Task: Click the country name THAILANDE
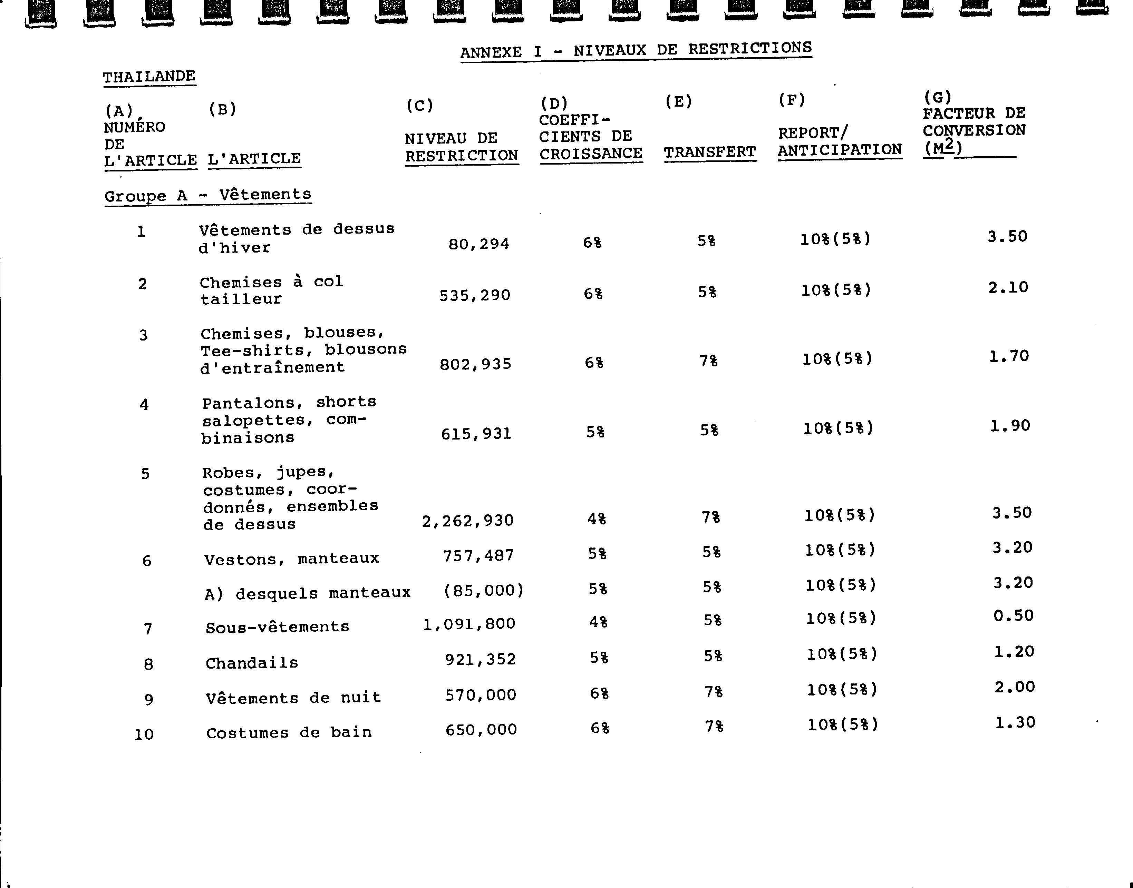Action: click(149, 77)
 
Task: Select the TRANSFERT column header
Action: click(709, 152)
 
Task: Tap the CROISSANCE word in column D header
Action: click(591, 154)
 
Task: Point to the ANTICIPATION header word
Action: click(840, 150)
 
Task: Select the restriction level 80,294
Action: click(478, 244)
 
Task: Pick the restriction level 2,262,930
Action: click(468, 521)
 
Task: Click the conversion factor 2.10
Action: click(1008, 287)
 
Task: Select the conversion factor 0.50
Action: click(1013, 615)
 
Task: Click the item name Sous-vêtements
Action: click(277, 627)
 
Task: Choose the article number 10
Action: click(144, 734)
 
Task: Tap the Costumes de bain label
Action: click(289, 732)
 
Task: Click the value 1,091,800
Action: click(469, 624)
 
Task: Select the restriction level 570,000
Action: click(481, 695)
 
